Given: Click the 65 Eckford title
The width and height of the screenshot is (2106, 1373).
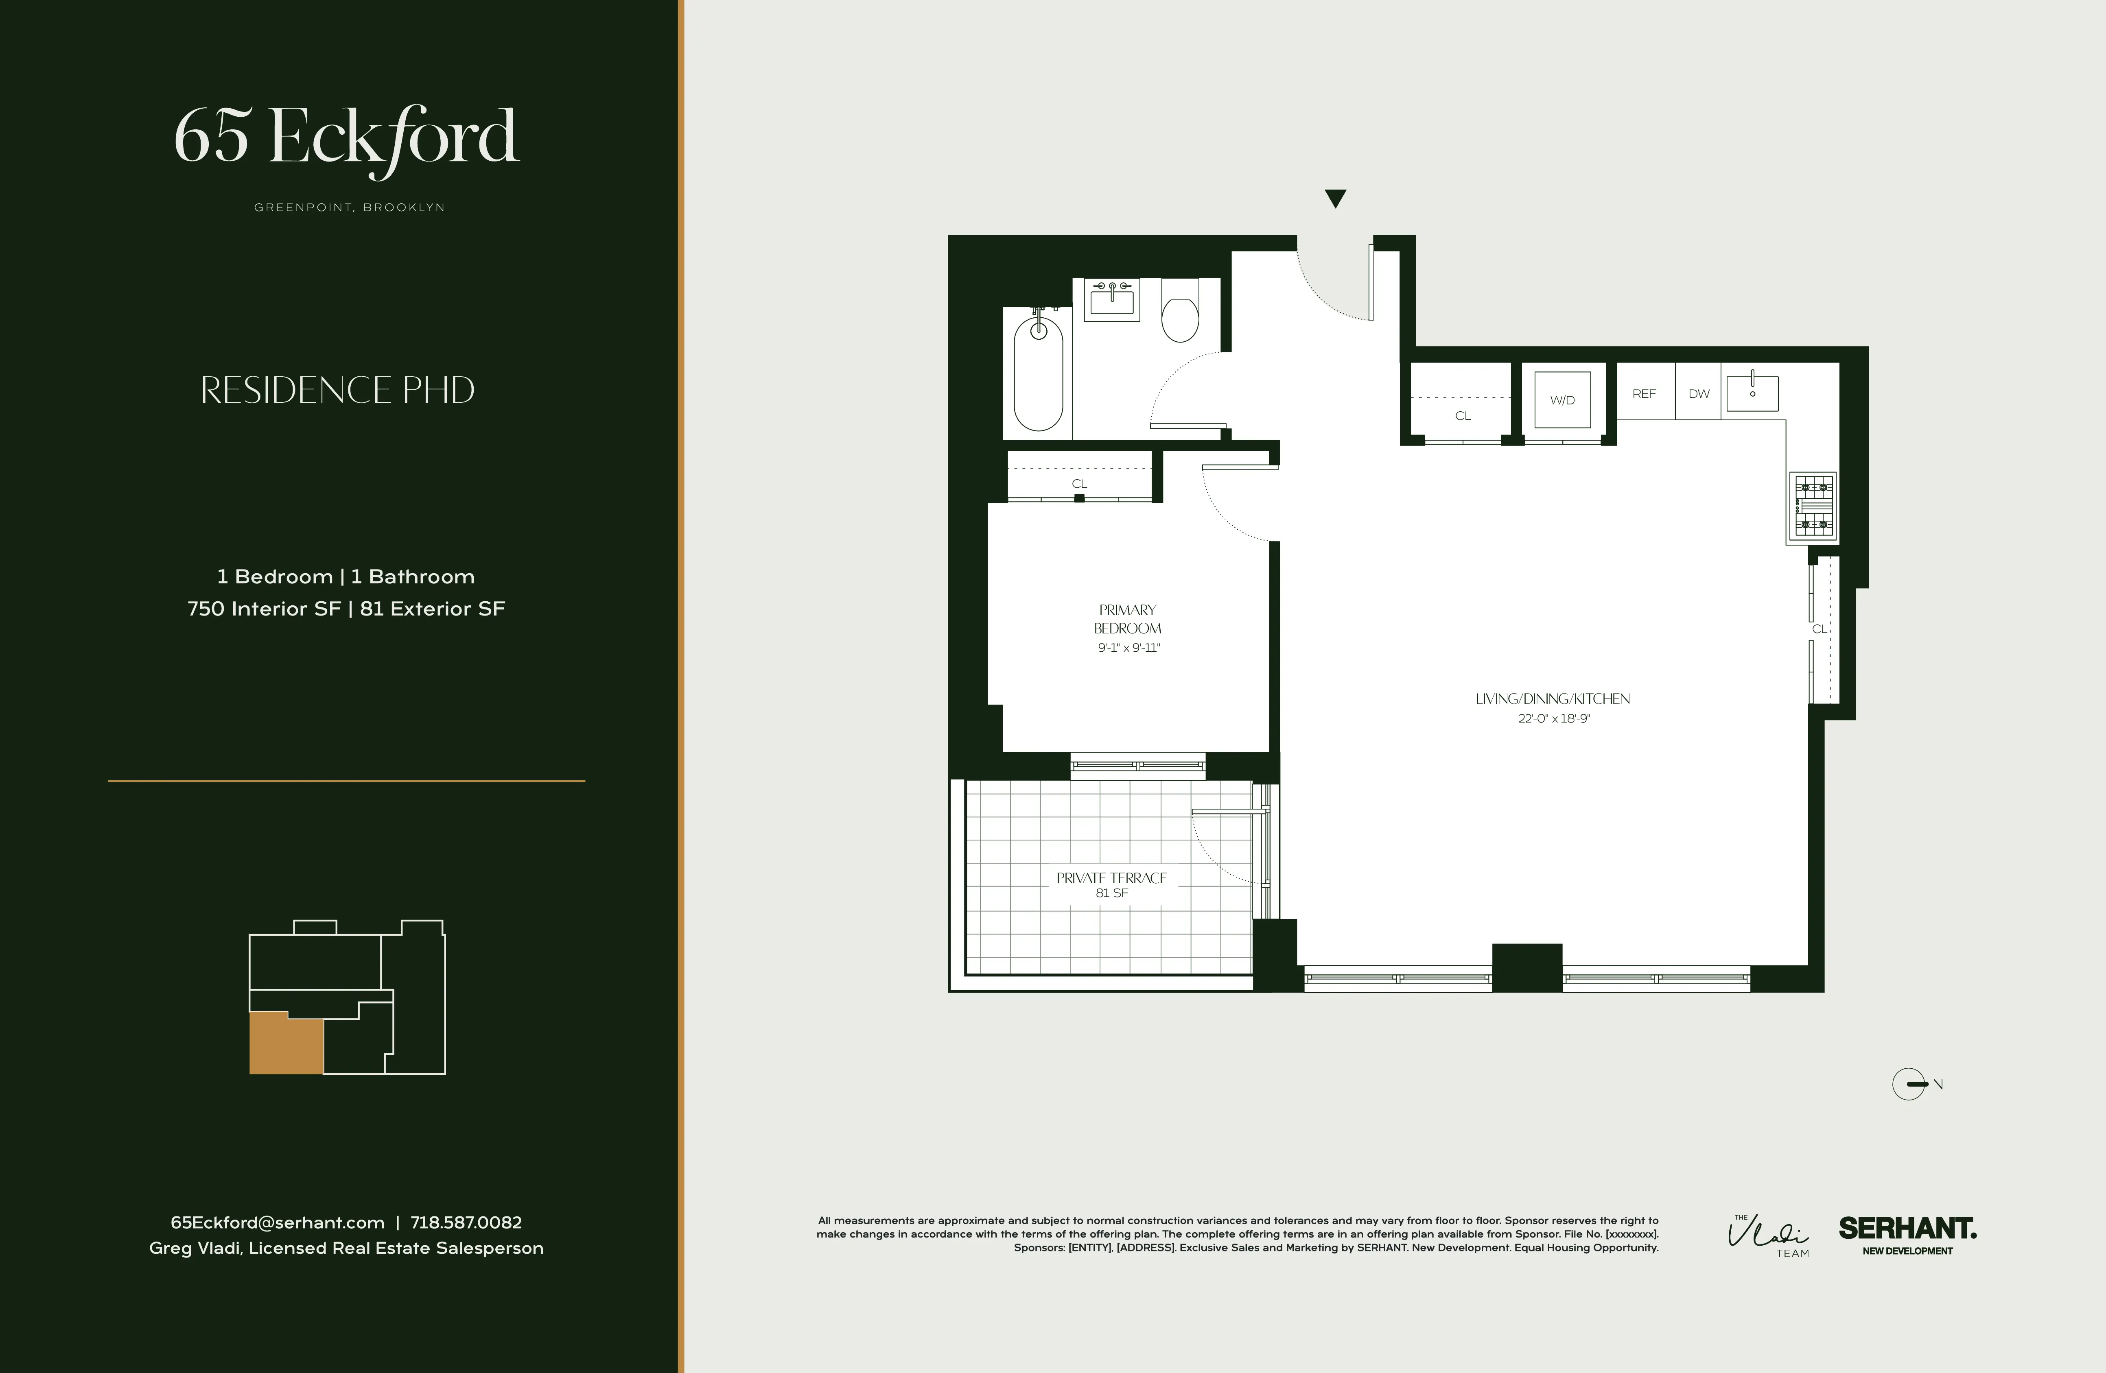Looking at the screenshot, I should [x=346, y=137].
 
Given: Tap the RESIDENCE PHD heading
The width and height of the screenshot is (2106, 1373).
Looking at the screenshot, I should [x=337, y=390].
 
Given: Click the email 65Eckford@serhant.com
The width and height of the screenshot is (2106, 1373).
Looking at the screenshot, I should [x=277, y=1222].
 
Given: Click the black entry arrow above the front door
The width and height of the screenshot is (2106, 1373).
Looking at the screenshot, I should [x=1335, y=198].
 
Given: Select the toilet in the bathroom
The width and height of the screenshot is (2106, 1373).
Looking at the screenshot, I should [x=1179, y=319].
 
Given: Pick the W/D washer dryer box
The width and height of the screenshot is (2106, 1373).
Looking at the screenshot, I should [x=1562, y=400].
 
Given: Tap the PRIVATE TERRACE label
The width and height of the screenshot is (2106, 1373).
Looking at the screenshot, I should [x=1111, y=877].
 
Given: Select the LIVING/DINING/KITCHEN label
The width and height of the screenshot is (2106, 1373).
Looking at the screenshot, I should [x=1552, y=699].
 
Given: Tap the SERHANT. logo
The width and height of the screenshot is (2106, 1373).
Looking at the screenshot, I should [x=1907, y=1230].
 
